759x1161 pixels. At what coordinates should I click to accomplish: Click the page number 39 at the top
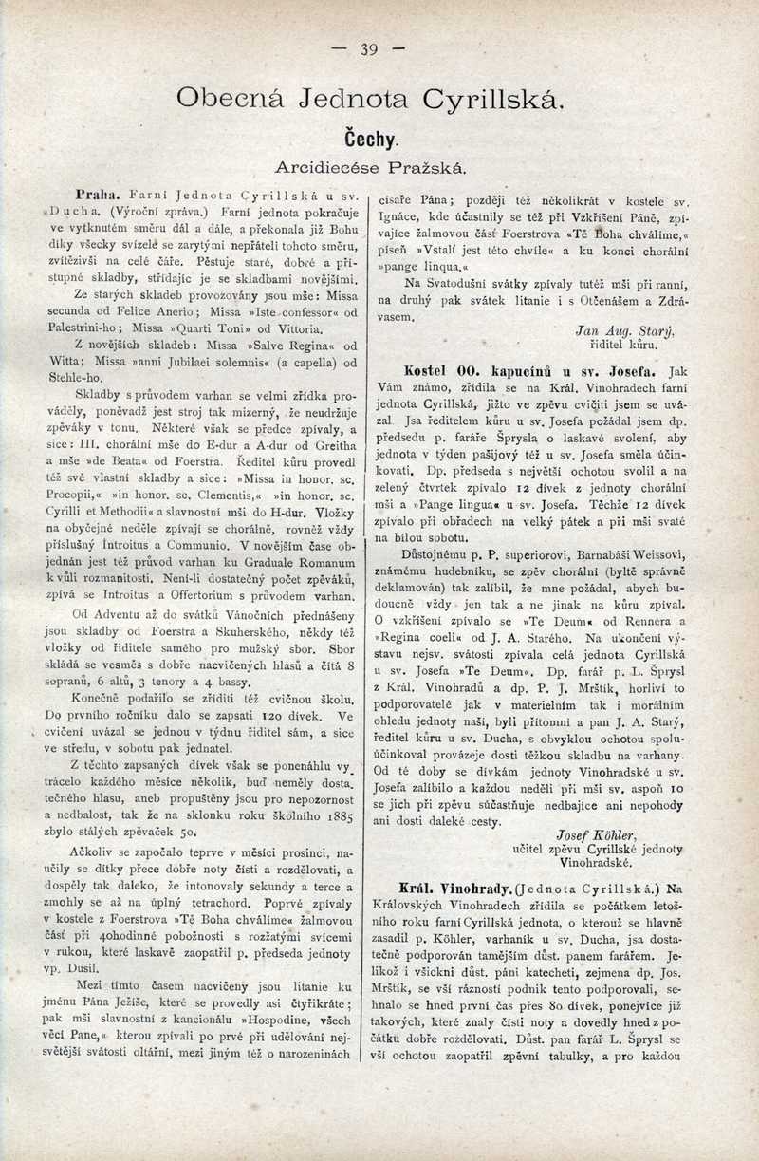369,50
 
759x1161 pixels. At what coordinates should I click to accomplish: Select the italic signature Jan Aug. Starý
638,330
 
